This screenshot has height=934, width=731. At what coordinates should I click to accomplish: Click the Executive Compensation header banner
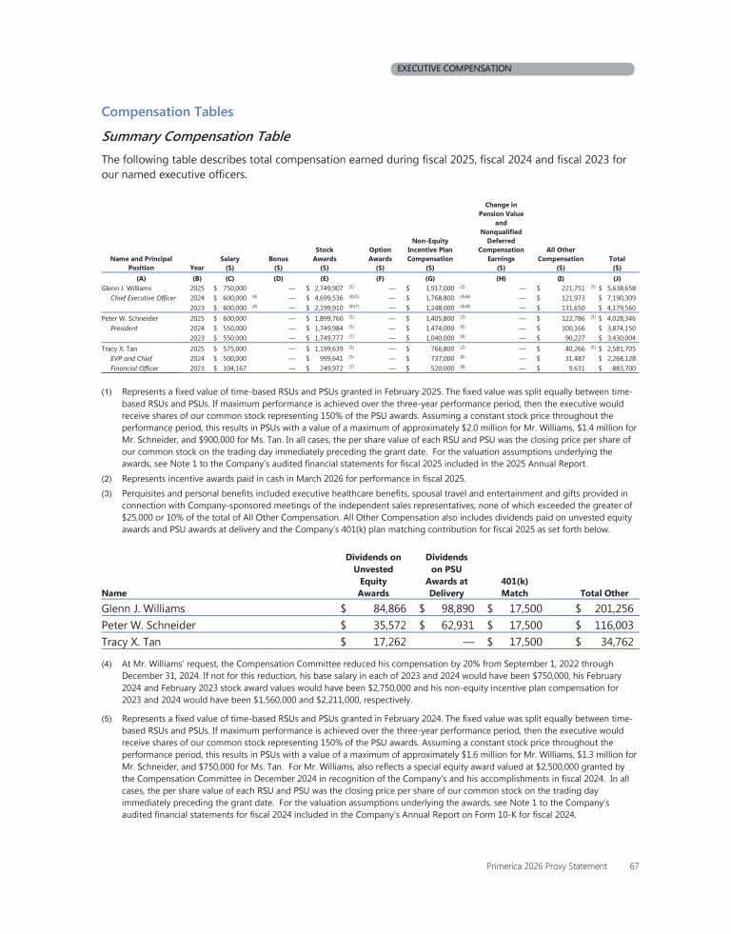pos(454,69)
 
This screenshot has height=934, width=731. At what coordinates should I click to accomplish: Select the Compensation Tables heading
pos(167,111)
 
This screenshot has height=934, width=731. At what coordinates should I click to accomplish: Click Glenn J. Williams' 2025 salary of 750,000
pos(234,287)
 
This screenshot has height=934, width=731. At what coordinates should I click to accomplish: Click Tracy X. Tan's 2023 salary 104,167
pos(234,367)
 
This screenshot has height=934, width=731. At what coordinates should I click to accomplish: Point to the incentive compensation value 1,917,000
pos(433,287)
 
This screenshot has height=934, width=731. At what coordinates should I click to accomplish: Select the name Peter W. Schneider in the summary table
pos(131,317)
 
